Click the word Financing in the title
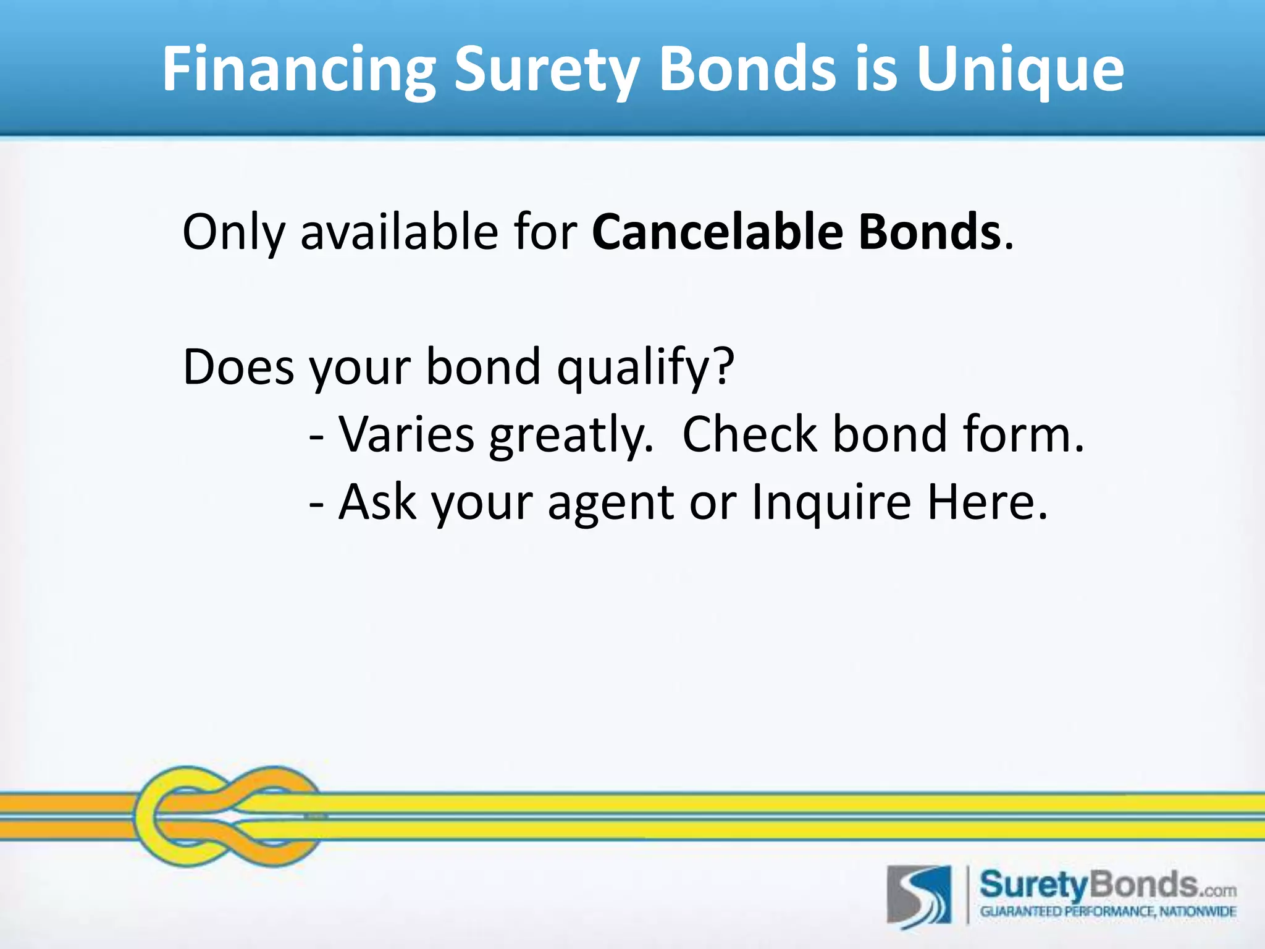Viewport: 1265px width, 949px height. [x=299, y=69]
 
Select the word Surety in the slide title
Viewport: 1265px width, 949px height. [x=545, y=69]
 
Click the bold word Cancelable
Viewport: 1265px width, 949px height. [x=717, y=232]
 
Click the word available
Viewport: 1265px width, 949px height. [x=399, y=232]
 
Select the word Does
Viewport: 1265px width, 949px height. [x=238, y=367]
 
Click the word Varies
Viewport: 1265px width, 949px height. [x=406, y=434]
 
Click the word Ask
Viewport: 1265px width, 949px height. [x=377, y=502]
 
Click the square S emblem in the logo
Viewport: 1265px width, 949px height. [x=919, y=896]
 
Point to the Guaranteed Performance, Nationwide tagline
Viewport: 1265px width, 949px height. [x=1108, y=912]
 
